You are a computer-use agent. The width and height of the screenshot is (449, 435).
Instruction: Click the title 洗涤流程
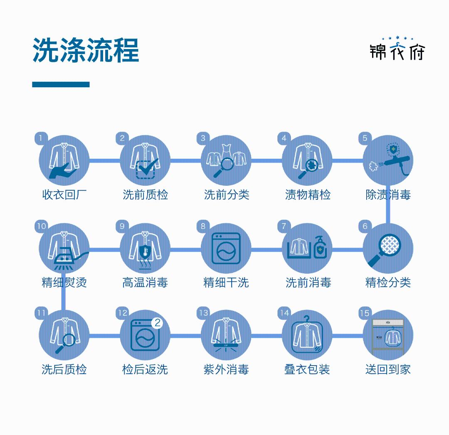pyautogui.click(x=86, y=50)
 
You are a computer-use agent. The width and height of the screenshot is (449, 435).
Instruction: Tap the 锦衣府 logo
pyautogui.click(x=397, y=48)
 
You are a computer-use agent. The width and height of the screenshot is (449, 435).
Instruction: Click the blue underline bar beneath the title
pyautogui.click(x=61, y=84)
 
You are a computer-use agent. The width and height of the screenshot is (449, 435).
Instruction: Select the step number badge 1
pyautogui.click(x=41, y=138)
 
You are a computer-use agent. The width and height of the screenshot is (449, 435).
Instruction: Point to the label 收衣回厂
pyautogui.click(x=64, y=195)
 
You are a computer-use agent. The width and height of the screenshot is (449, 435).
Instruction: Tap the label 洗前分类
pyautogui.click(x=227, y=195)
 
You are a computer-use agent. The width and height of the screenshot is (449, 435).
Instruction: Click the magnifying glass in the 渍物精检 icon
pyautogui.click(x=308, y=169)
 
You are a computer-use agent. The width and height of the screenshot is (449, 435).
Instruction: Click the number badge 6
pyautogui.click(x=365, y=226)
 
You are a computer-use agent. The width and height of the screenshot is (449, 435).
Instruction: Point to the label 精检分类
pyautogui.click(x=388, y=283)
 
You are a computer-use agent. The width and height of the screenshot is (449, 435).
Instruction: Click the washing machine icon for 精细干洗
pyautogui.click(x=226, y=248)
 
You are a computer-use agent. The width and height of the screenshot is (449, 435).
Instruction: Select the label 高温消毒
pyautogui.click(x=145, y=283)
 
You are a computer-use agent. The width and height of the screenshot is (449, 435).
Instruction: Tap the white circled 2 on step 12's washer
pyautogui.click(x=157, y=323)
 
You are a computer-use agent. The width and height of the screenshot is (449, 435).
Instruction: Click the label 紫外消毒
pyautogui.click(x=226, y=369)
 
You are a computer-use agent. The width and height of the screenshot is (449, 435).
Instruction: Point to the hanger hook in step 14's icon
pyautogui.click(x=307, y=319)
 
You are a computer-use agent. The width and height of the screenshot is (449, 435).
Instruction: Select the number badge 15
pyautogui.click(x=365, y=313)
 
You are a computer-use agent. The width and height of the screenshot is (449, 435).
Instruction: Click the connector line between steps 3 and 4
pyautogui.click(x=266, y=161)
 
